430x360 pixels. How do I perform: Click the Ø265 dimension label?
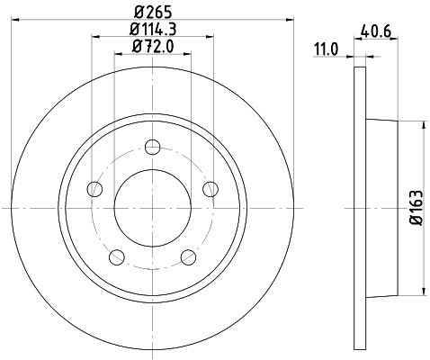pos(153,13)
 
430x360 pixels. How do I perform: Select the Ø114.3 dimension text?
pos(153,29)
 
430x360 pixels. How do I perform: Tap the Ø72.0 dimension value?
pos(153,47)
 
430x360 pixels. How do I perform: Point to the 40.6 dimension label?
pos(376,31)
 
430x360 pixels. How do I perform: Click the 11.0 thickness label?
pos(326,49)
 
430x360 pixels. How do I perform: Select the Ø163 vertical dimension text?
pos(417,208)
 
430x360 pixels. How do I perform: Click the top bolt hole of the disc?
pos(153,147)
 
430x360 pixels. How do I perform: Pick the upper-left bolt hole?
pos(94,189)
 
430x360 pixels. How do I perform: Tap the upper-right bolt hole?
pos(211,189)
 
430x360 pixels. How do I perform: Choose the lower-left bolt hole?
pos(117,257)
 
